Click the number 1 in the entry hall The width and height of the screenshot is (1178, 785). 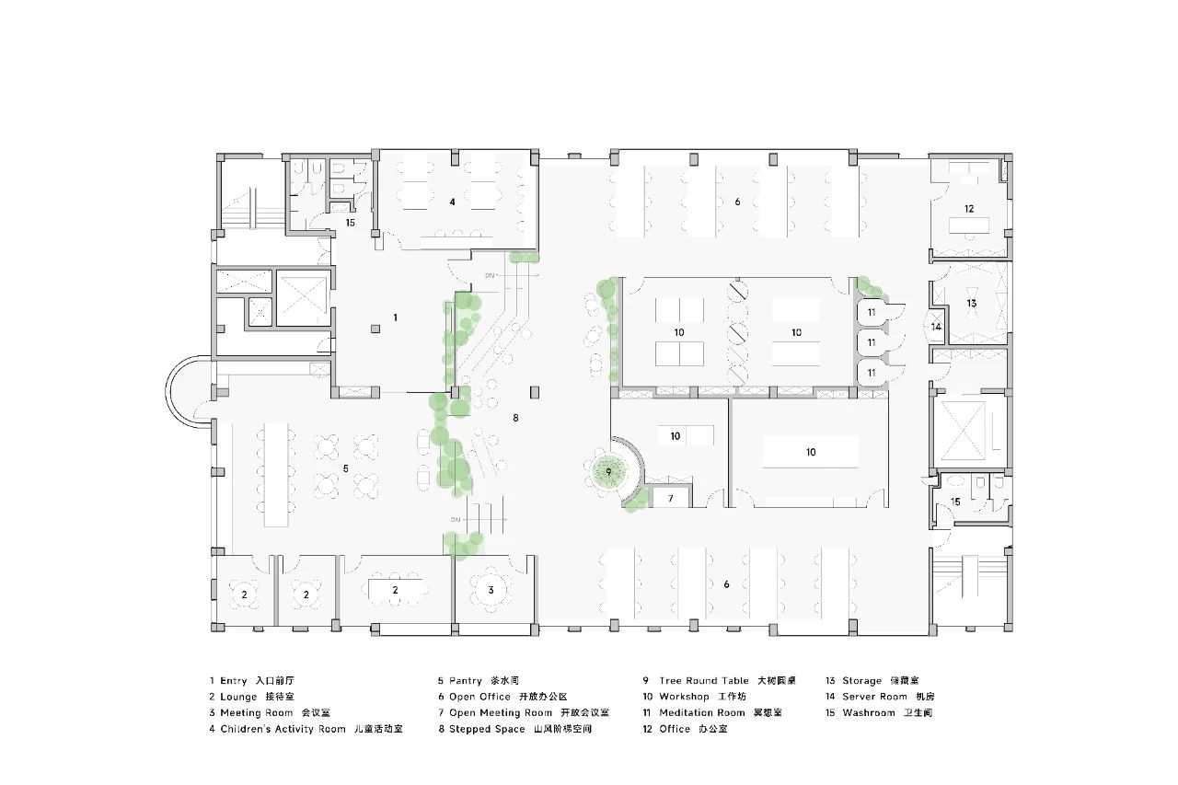click(x=396, y=317)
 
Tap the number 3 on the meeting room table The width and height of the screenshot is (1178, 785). click(x=491, y=590)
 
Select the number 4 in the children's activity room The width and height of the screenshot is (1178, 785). click(x=452, y=202)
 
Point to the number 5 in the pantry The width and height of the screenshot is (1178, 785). click(x=345, y=468)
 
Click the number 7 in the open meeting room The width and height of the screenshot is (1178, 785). click(x=671, y=499)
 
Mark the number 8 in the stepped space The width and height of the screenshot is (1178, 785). click(x=515, y=418)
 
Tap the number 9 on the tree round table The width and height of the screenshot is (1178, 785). click(x=608, y=472)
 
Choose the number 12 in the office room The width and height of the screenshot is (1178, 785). click(x=969, y=209)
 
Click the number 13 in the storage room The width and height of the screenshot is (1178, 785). click(x=971, y=303)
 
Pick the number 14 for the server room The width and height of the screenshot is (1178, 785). click(x=936, y=327)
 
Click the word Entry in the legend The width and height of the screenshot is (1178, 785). click(x=234, y=681)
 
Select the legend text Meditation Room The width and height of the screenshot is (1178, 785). click(x=702, y=712)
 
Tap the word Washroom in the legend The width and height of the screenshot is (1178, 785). click(x=868, y=712)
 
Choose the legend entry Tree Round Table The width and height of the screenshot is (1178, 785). click(x=704, y=681)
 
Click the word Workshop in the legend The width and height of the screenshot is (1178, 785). click(x=684, y=697)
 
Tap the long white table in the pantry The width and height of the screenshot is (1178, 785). click(x=277, y=474)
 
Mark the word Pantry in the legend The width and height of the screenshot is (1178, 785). click(x=468, y=681)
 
